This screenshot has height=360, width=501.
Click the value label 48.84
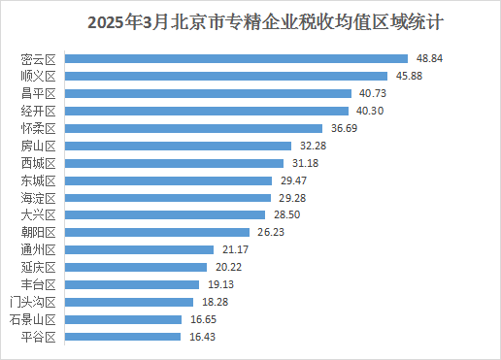(x=429, y=58)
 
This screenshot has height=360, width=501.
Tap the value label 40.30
(x=374, y=111)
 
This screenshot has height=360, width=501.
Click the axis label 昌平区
(x=40, y=93)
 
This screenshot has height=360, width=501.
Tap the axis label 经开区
(x=40, y=111)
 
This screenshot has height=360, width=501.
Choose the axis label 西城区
(x=40, y=163)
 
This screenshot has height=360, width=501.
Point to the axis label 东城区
(x=40, y=180)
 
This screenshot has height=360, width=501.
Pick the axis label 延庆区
(x=40, y=267)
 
